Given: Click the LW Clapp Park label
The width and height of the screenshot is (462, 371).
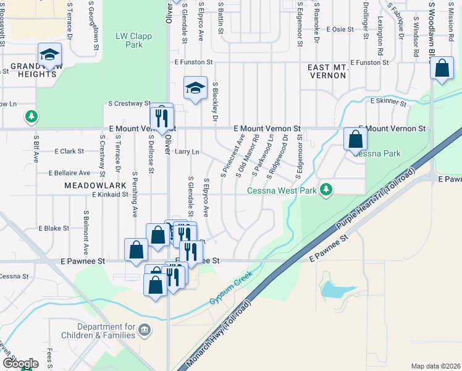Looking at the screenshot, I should (129, 40).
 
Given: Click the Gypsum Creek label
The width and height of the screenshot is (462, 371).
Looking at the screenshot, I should (232, 292).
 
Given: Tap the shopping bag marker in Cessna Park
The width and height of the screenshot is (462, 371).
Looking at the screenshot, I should (355, 139).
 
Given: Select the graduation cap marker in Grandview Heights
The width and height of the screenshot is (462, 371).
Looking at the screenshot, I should (49, 54).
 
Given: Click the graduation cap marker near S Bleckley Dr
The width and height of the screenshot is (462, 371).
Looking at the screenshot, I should (195, 88).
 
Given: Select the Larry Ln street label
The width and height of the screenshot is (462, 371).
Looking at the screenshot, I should (187, 151).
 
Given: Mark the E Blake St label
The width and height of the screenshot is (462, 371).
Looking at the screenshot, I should (53, 228).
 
